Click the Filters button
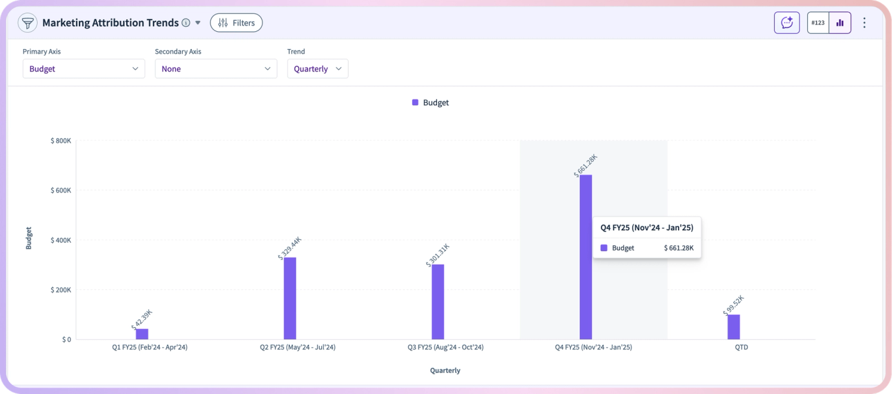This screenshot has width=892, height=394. tap(236, 23)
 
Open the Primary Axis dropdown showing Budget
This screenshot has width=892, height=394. tap(83, 68)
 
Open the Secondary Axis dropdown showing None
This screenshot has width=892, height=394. tap(216, 68)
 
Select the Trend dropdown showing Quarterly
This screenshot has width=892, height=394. tap(318, 68)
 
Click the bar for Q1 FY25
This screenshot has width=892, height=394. tap(142, 334)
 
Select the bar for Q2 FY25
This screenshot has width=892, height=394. tap(290, 298)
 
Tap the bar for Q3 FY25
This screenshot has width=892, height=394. tap(438, 302)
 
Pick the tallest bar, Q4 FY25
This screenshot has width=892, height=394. tap(586, 257)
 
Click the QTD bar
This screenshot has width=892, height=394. tap(734, 327)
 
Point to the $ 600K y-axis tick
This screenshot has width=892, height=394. tap(61, 191)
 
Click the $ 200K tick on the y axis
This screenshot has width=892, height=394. tap(61, 289)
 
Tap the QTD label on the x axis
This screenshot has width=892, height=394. tap(742, 347)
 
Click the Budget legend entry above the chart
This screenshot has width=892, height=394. tap(431, 103)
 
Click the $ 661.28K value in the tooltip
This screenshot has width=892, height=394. tap(679, 248)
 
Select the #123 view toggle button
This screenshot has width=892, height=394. tap(818, 23)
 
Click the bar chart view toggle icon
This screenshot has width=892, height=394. tap(840, 23)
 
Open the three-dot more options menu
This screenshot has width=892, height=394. tap(864, 23)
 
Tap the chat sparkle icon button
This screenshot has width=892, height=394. tap(787, 23)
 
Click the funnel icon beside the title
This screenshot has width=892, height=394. tap(27, 23)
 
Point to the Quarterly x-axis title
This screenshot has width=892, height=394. tap(445, 370)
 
